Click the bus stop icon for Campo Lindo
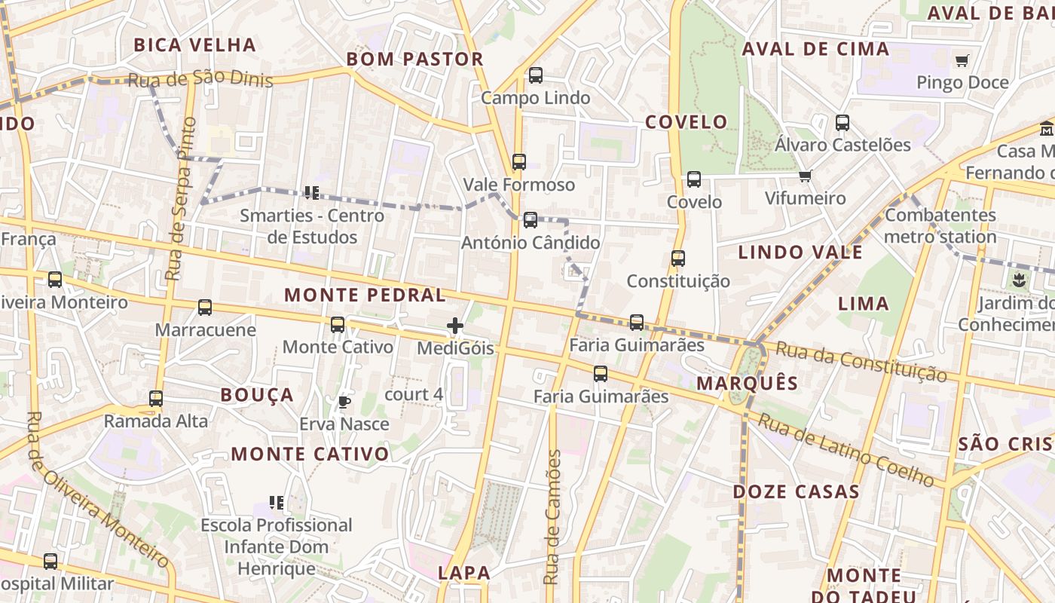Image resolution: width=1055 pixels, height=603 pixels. click(535, 75)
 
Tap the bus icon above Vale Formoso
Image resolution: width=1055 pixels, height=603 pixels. click(518, 162)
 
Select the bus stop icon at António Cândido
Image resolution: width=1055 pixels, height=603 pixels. click(531, 220)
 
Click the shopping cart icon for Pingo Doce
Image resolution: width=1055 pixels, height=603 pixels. click(962, 60)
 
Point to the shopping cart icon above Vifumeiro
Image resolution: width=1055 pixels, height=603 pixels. click(805, 176)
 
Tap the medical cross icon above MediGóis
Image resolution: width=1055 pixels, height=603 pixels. click(455, 326)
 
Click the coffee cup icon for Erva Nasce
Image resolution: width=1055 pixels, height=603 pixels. click(344, 402)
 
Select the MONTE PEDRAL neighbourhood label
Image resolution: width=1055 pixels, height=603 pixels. click(365, 295)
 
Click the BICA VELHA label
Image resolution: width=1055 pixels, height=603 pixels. click(195, 45)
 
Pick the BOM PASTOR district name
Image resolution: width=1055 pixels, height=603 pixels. click(414, 60)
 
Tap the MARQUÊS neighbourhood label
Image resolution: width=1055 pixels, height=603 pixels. click(747, 383)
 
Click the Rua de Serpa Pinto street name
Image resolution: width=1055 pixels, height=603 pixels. click(181, 199)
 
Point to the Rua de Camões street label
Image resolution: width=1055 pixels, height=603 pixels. click(553, 517)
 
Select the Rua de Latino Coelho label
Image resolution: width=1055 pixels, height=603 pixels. click(845, 450)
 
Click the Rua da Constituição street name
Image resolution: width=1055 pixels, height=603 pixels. click(861, 361)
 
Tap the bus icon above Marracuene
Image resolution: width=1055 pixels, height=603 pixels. click(205, 308)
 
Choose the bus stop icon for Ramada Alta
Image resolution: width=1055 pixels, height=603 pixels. click(156, 399)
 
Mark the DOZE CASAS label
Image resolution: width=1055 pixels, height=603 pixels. click(797, 492)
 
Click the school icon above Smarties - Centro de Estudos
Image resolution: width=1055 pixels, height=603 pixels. click(311, 193)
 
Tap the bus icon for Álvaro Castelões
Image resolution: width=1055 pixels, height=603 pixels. click(842, 122)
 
